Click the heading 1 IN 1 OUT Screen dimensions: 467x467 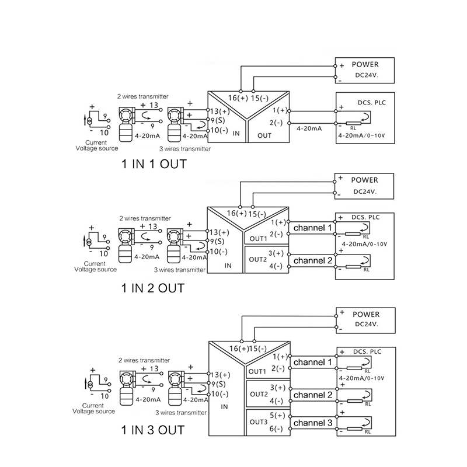click(x=154, y=164)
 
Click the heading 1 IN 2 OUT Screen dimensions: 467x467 click(x=153, y=288)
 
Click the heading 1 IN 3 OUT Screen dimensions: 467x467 click(x=153, y=431)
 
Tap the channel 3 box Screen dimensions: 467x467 click(x=313, y=423)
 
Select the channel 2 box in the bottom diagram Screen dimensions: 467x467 click(x=313, y=395)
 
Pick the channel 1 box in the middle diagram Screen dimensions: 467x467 click(x=313, y=227)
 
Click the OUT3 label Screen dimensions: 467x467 click(x=257, y=421)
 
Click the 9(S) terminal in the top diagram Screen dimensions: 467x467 click(x=217, y=121)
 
